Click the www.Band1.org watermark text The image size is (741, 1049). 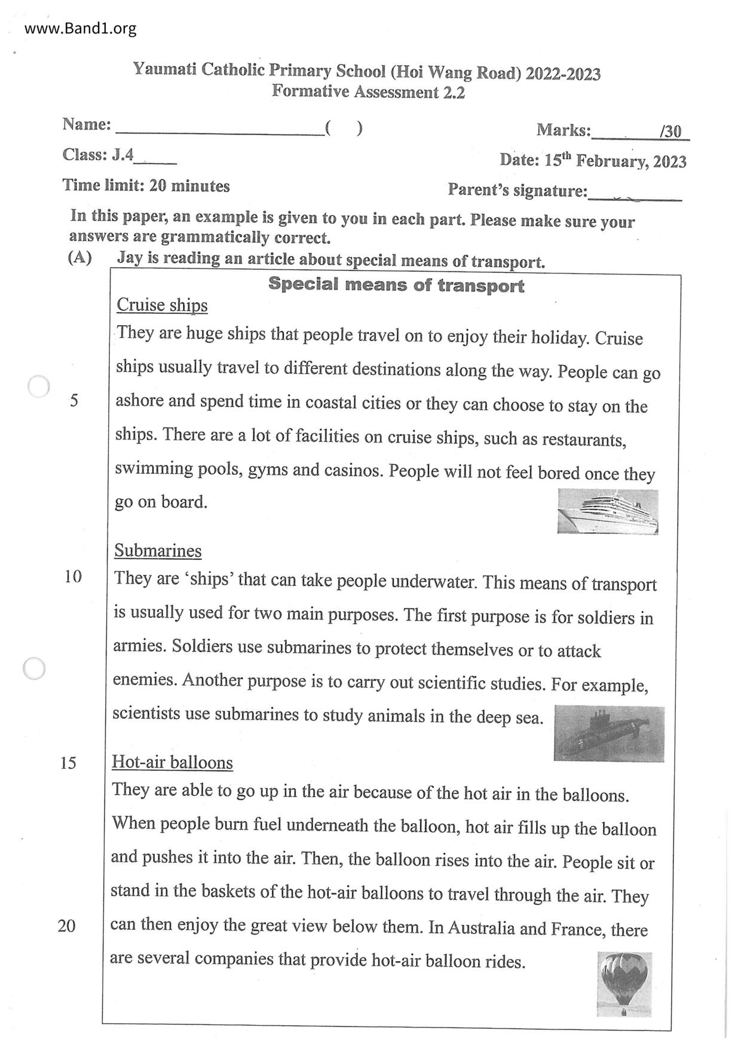80,28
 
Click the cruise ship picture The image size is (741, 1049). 607,511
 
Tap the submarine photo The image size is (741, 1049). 608,733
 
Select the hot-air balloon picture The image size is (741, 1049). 624,984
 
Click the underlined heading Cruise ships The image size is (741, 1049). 162,305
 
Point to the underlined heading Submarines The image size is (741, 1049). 158,550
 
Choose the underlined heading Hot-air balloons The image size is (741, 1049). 172,762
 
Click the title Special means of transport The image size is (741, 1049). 396,285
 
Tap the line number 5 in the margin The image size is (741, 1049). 74,400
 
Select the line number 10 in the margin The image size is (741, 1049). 73,577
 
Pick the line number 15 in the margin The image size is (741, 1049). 68,763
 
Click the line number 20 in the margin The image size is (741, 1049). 67,926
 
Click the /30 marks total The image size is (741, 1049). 670,132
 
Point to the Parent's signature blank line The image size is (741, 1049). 635,194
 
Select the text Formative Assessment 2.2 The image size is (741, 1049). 368,92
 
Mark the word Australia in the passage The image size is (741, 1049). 481,928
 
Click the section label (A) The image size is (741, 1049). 80,258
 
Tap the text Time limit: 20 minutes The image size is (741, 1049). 146,185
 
